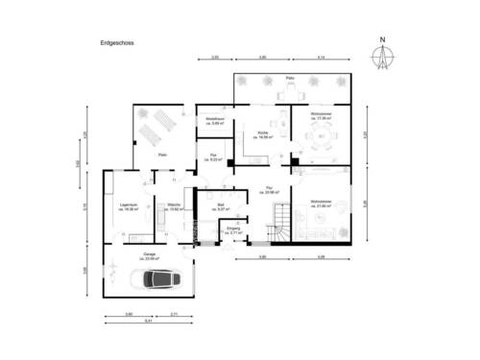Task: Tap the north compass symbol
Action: pyautogui.click(x=381, y=57)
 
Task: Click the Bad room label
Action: pyautogui.click(x=221, y=206)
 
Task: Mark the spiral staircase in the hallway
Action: pyautogui.click(x=279, y=231)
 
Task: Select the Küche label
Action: pyautogui.click(x=262, y=134)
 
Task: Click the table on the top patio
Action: pyautogui.click(x=289, y=93)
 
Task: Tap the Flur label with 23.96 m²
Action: pyautogui.click(x=273, y=189)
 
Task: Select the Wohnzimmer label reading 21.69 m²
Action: pyautogui.click(x=319, y=204)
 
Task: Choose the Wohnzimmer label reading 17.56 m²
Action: pyautogui.click(x=319, y=116)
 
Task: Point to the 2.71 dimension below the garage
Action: pyautogui.click(x=174, y=313)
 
